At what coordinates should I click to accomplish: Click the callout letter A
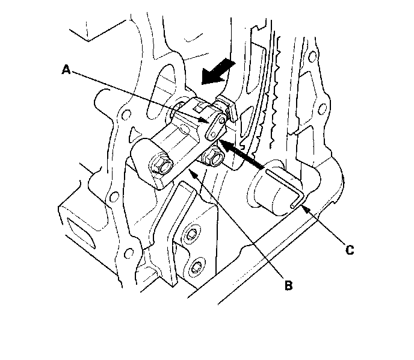coord(67,69)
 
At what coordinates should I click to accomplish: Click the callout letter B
coord(288,285)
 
